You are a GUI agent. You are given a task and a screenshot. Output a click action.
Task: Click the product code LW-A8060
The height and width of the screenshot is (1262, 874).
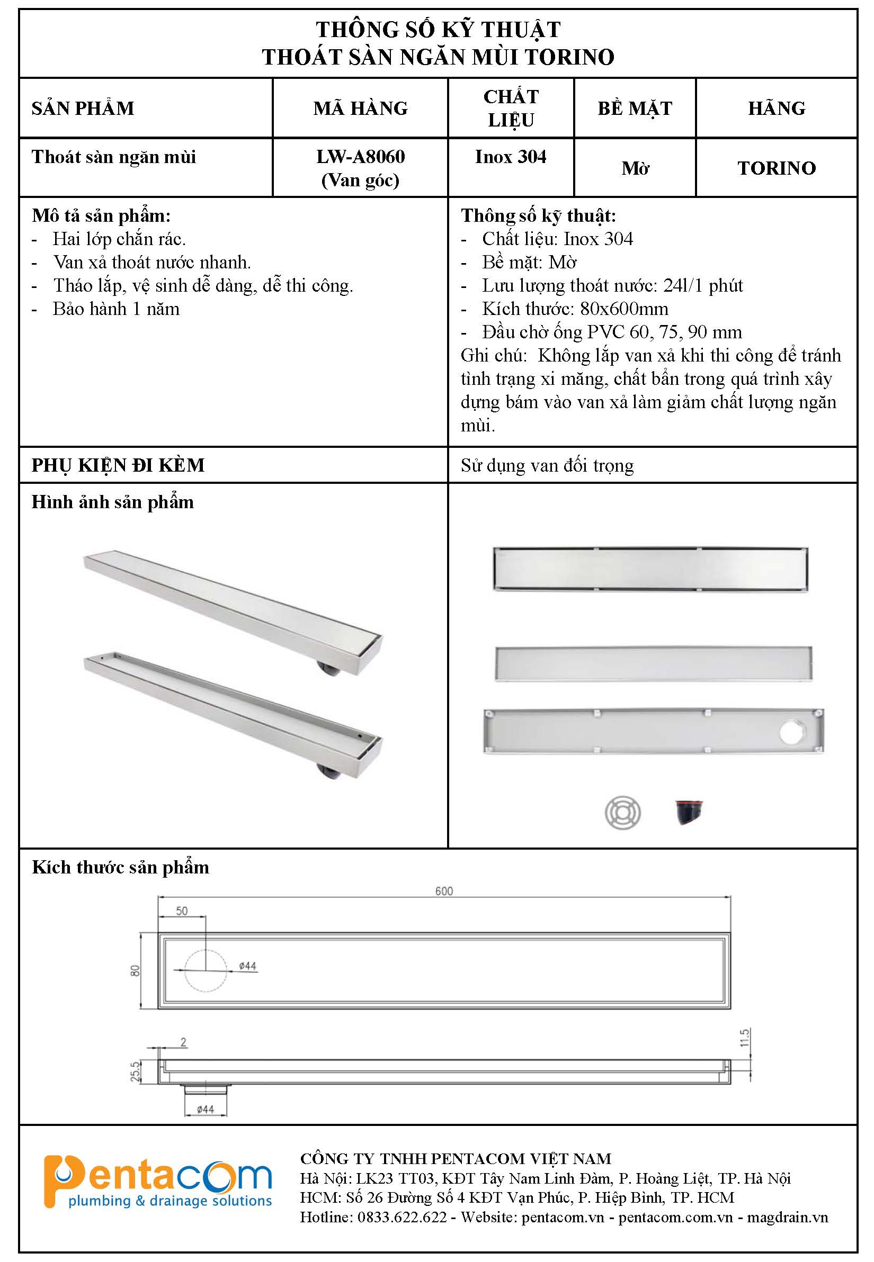[x=360, y=157]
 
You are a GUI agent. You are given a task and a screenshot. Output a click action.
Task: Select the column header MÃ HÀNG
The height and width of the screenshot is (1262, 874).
[x=360, y=109]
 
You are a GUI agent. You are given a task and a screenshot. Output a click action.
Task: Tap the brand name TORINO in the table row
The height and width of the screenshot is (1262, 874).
[x=776, y=168]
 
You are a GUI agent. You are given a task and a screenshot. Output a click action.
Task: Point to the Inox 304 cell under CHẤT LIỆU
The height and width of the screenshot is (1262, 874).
[x=511, y=157]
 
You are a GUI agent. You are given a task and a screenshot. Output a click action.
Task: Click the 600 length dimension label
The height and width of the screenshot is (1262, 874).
[x=443, y=891]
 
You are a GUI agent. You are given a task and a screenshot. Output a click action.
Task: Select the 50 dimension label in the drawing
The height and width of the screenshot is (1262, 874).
[x=182, y=911]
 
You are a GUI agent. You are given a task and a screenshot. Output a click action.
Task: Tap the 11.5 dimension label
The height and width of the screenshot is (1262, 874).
[x=744, y=1038]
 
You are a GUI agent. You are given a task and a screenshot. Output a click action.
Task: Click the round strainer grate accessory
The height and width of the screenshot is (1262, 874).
[x=622, y=812]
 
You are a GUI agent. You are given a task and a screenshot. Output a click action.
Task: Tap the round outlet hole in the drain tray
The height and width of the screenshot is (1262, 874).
[x=792, y=733]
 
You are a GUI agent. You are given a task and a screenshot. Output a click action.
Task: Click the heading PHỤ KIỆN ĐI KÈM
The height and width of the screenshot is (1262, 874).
[x=118, y=465]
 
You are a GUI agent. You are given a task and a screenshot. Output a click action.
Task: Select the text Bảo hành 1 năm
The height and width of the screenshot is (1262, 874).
[x=116, y=309]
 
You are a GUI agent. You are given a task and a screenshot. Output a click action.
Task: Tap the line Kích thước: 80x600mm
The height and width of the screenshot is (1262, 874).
[x=575, y=309]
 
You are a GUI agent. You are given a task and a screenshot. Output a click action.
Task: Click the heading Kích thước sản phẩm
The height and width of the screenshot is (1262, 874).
[x=120, y=868]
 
